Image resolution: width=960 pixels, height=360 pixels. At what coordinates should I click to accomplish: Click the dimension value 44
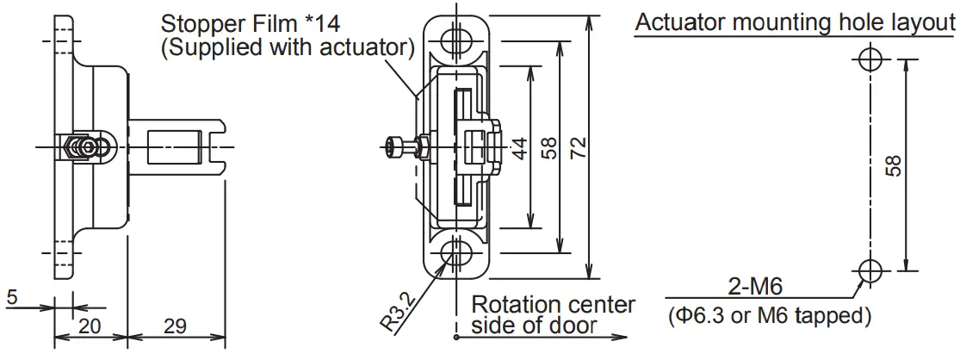click(519, 151)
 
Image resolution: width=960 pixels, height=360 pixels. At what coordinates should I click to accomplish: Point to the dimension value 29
click(175, 326)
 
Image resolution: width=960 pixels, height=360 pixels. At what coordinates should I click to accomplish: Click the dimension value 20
click(91, 326)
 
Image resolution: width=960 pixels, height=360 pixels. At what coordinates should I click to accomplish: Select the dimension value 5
click(11, 297)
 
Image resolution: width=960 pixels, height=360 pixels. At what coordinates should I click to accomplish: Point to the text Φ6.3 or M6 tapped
click(769, 315)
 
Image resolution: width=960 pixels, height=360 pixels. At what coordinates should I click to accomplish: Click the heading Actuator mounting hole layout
click(795, 22)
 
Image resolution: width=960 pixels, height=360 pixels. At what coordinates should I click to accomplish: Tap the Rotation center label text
click(554, 305)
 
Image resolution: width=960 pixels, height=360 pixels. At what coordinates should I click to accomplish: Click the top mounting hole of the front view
click(456, 39)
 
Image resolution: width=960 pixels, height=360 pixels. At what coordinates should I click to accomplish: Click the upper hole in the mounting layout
click(870, 59)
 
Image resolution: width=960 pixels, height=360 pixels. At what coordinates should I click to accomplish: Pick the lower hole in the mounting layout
click(870, 270)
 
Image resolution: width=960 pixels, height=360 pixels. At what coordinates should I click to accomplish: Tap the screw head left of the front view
click(395, 148)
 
